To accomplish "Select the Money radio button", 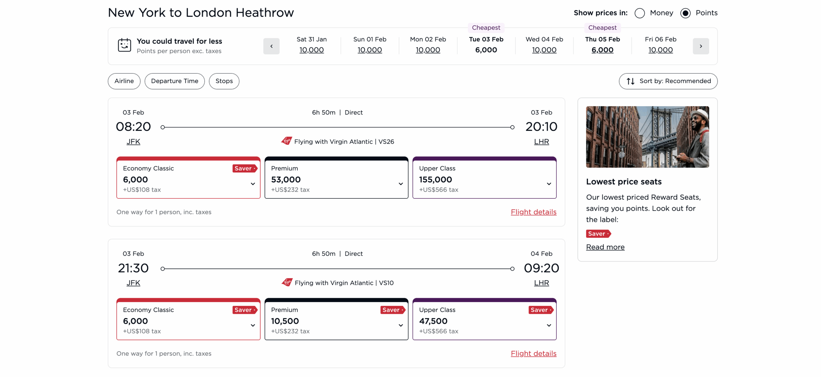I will click(x=639, y=13).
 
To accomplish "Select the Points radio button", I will click(x=685, y=13).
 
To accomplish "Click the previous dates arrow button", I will click(x=271, y=46).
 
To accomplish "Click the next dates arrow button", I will click(x=700, y=46).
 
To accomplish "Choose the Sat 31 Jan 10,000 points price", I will click(x=311, y=50).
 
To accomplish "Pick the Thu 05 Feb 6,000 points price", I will click(x=602, y=50).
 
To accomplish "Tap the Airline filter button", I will click(x=124, y=81).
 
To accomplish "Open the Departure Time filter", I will click(x=174, y=81).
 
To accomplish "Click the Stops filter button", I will click(x=224, y=81).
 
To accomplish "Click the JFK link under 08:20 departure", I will click(x=133, y=142).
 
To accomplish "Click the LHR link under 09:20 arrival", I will click(x=541, y=283).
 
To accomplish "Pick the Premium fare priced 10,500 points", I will click(x=336, y=320).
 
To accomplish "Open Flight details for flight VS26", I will click(x=533, y=212).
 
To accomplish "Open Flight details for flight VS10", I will click(x=533, y=353).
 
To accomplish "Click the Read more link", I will click(x=605, y=247).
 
